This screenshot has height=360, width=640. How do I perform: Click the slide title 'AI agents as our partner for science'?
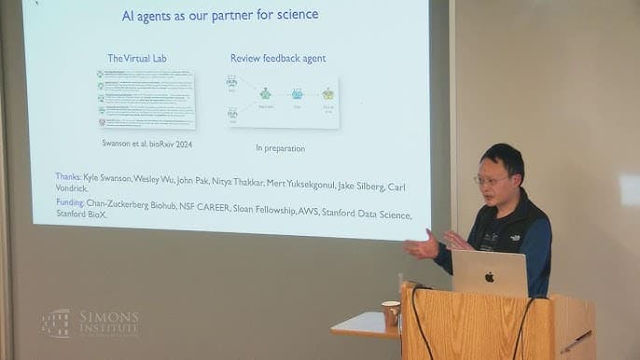tap(220, 15)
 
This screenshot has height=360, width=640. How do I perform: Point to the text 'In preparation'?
tap(280, 148)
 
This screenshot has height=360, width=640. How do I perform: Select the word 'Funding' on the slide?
tap(70, 201)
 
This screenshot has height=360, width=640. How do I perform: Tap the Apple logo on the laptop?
tap(489, 276)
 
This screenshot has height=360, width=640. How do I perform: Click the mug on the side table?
tap(391, 312)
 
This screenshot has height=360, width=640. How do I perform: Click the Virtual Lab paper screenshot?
tap(146, 99)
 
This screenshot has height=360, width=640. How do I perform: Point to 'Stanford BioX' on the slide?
tap(81, 214)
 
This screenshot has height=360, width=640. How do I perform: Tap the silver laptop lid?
tap(490, 273)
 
